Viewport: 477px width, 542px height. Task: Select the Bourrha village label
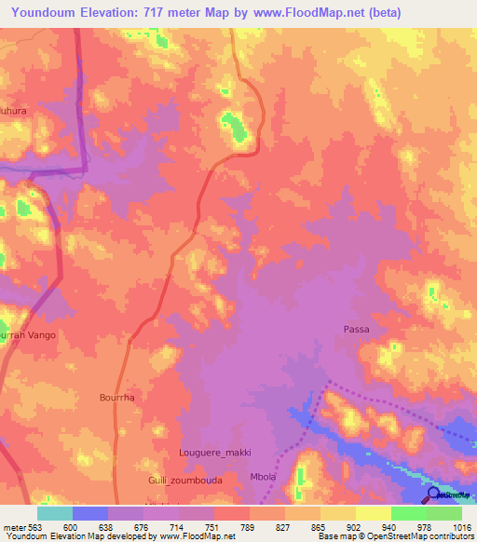point(117,397)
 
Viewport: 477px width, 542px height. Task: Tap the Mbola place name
point(264,477)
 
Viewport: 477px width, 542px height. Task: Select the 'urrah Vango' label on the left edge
point(28,334)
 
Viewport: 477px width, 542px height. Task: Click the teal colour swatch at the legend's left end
point(55,513)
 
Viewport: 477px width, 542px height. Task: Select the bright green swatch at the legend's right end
point(444,513)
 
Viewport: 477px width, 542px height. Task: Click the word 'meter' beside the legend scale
point(13,526)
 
